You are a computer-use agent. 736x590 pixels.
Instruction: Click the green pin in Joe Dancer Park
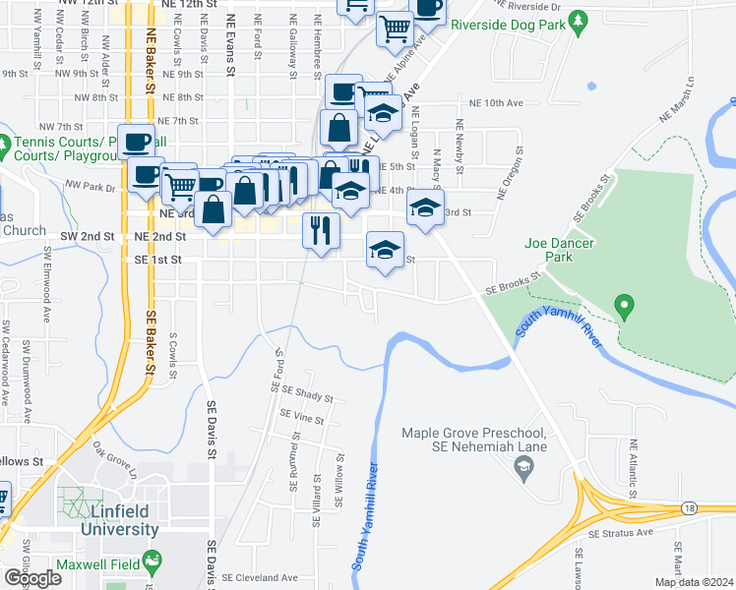point(623,308)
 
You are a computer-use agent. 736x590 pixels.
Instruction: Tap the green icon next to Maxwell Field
point(152,561)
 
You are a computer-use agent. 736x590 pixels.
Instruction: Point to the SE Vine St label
point(301,417)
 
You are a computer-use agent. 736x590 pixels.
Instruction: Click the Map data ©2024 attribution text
point(695,582)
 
